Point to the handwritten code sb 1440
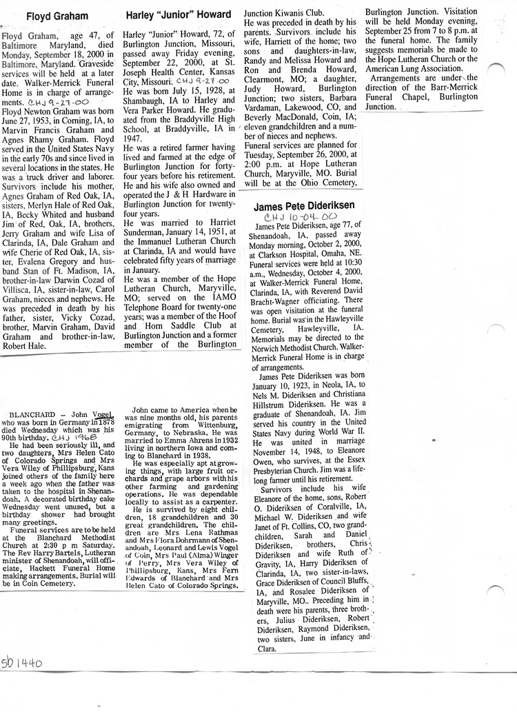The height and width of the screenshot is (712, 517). coord(22,664)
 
